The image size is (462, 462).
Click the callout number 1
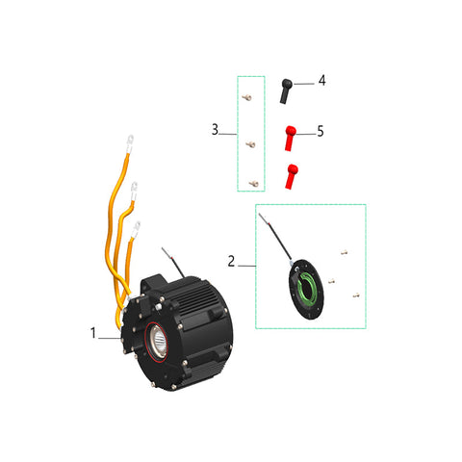point(93,333)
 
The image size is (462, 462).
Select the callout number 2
point(231,261)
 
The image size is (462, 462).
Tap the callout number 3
point(215,130)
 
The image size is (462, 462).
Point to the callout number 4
point(322,80)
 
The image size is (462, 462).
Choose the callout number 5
point(321,131)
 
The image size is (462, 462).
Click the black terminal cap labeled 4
point(286,91)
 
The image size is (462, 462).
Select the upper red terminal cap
point(290,139)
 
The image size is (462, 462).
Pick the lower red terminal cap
point(291,176)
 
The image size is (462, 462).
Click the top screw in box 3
point(246,97)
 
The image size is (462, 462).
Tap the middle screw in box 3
point(250,144)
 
